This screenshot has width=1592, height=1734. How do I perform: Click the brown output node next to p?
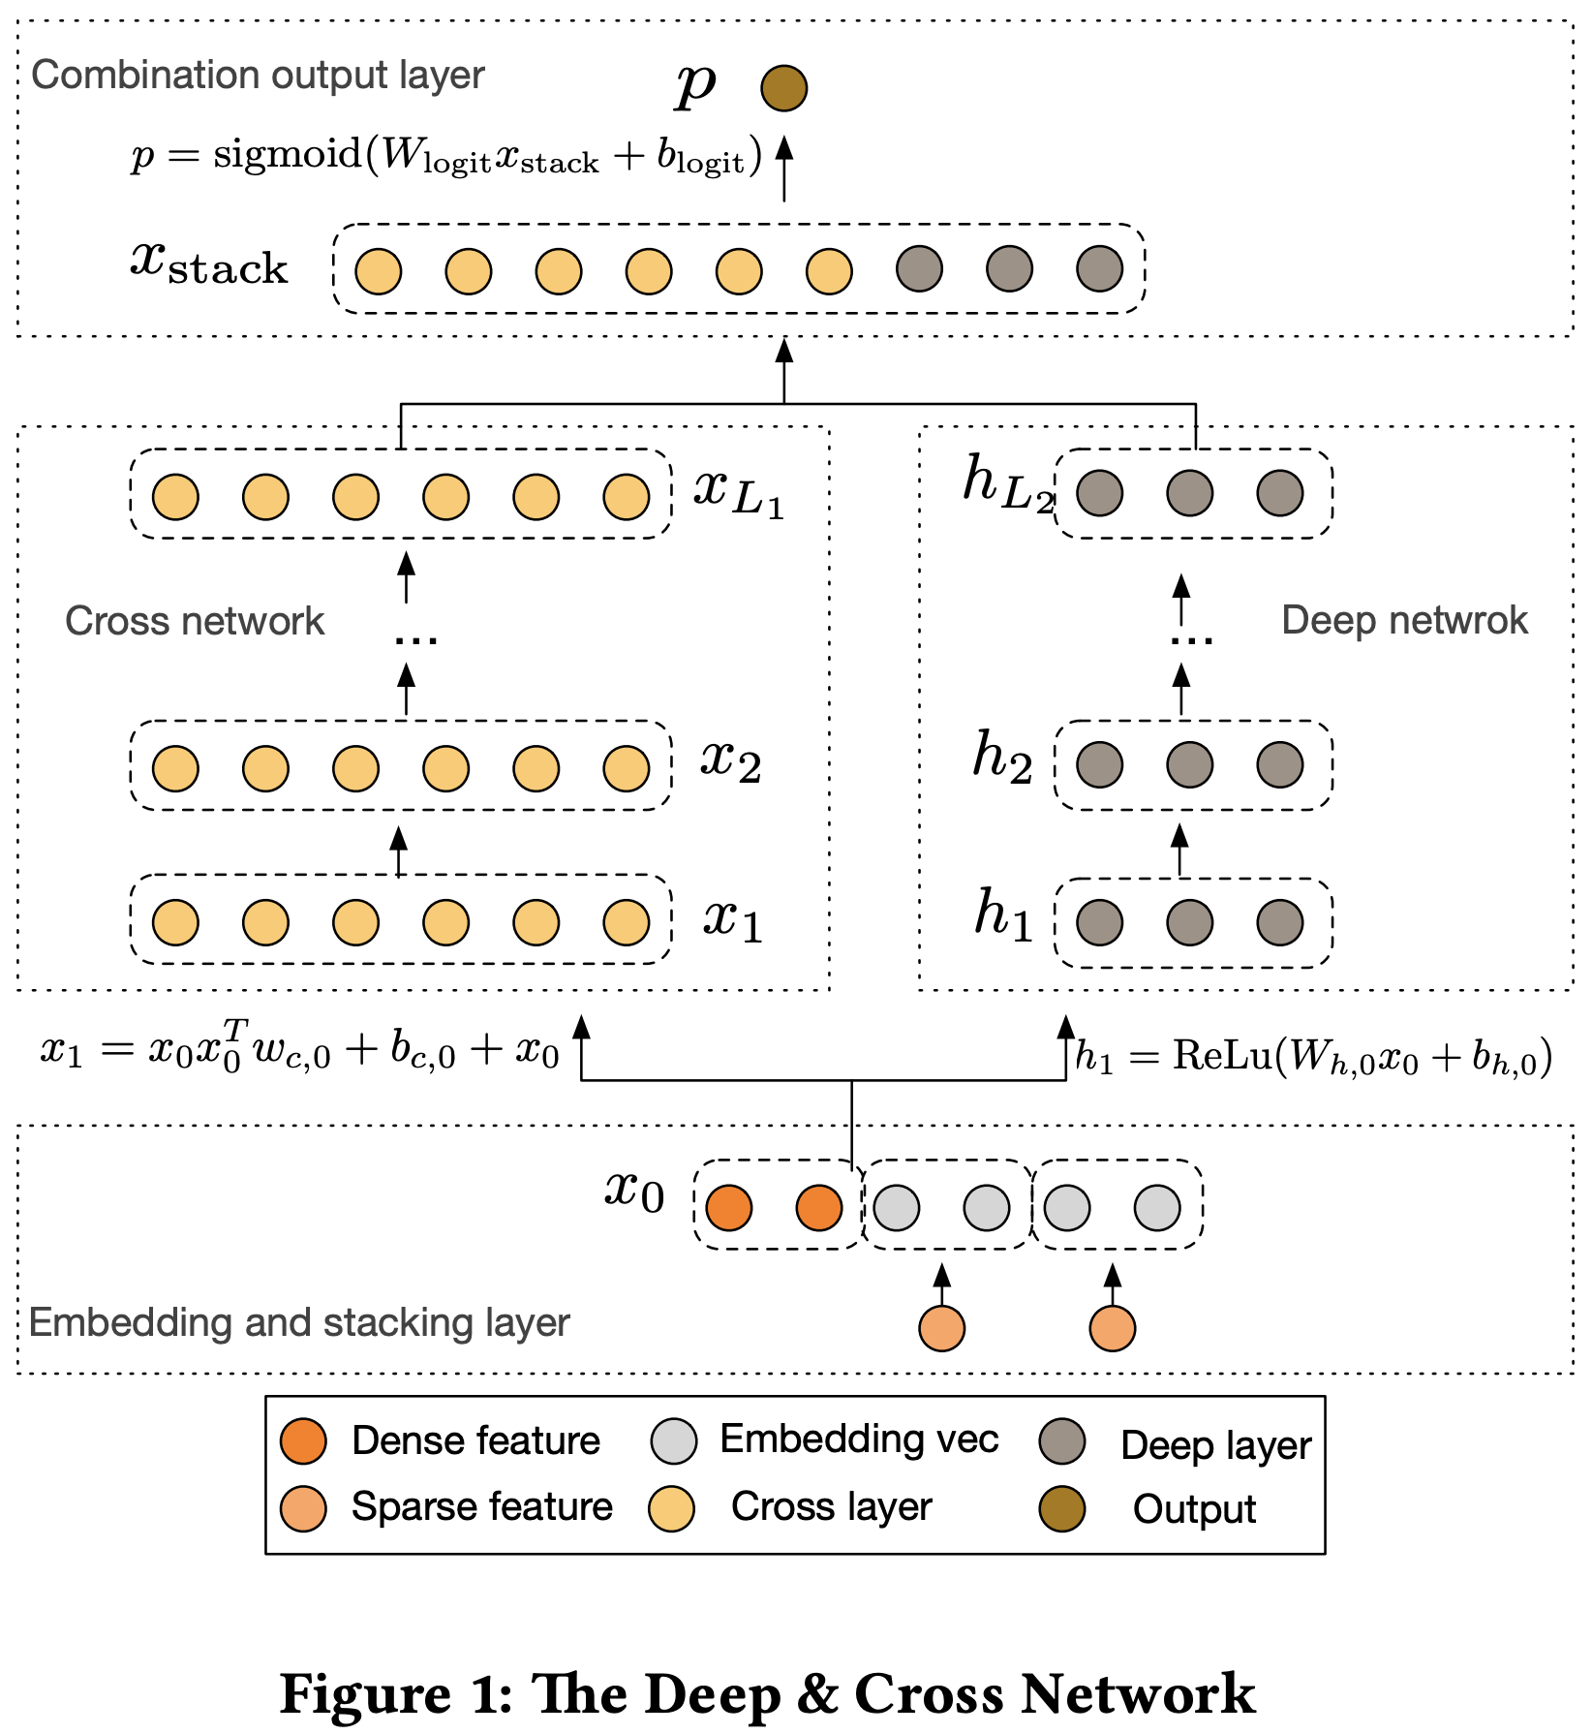(x=783, y=88)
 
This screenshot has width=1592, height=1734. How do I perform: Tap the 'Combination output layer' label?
(x=258, y=76)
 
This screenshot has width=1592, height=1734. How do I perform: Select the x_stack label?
(x=209, y=263)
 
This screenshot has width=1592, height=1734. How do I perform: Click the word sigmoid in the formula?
(x=288, y=154)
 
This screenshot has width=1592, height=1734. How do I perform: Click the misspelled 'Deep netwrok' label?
(x=1404, y=621)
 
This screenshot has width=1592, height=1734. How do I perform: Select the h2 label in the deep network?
(x=1002, y=759)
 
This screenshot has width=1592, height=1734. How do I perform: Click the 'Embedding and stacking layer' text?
(x=299, y=1323)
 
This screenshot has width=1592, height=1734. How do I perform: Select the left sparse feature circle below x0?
(x=941, y=1328)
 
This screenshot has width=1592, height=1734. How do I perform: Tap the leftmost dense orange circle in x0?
(x=729, y=1208)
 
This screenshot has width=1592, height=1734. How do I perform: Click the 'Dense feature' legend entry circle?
(x=303, y=1441)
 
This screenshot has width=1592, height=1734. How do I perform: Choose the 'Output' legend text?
(x=1194, y=1509)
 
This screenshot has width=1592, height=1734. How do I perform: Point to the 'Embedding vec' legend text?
(x=859, y=1440)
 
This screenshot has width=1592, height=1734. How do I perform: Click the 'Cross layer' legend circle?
(x=671, y=1508)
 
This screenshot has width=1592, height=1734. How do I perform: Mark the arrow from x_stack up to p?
(x=784, y=170)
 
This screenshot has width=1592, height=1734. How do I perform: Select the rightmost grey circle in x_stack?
(x=1099, y=269)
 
